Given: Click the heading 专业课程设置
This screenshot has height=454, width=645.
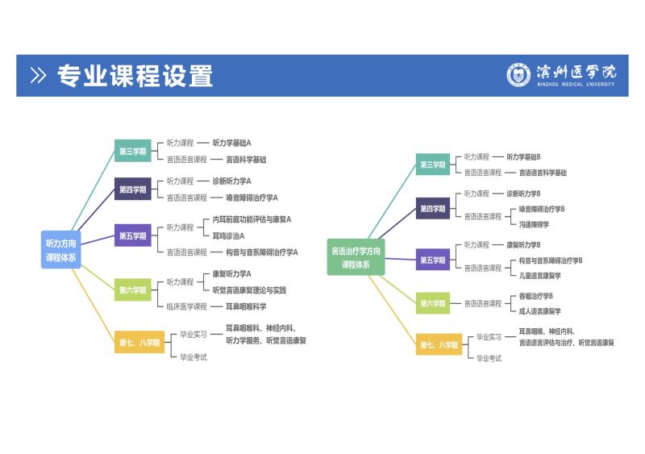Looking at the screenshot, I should point(135,76).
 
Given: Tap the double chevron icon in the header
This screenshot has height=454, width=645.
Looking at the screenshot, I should point(38,76).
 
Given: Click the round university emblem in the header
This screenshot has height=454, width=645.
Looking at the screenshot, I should point(518,74).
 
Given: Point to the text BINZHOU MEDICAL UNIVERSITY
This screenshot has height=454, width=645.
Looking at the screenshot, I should point(575,84).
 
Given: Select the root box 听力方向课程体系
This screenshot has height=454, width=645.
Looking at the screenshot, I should point(61,249).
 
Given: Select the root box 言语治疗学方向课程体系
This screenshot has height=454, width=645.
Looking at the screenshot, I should point(356,257).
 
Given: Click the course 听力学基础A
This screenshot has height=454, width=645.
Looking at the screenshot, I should point(232,143).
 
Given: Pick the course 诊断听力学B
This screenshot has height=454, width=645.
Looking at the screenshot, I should point(523,194).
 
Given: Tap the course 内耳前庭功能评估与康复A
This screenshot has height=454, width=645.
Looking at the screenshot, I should point(252,219).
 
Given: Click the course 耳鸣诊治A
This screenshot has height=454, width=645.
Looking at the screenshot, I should point(228,235).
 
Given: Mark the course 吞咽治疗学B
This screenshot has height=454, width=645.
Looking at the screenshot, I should point(535,296).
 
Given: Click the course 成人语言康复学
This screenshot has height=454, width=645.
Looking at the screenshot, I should point(539,311).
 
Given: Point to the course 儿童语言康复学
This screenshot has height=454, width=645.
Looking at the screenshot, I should point(539,276).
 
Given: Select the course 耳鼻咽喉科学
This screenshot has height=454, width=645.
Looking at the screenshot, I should point(246,306).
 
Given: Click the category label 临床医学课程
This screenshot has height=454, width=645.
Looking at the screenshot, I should point(187,306).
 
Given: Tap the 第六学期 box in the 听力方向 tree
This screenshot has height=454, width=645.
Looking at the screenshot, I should point(133,290).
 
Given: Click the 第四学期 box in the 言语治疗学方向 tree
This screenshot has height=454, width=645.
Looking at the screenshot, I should point(433,209).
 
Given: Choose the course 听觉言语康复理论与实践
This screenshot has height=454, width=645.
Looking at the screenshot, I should point(249,290).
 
